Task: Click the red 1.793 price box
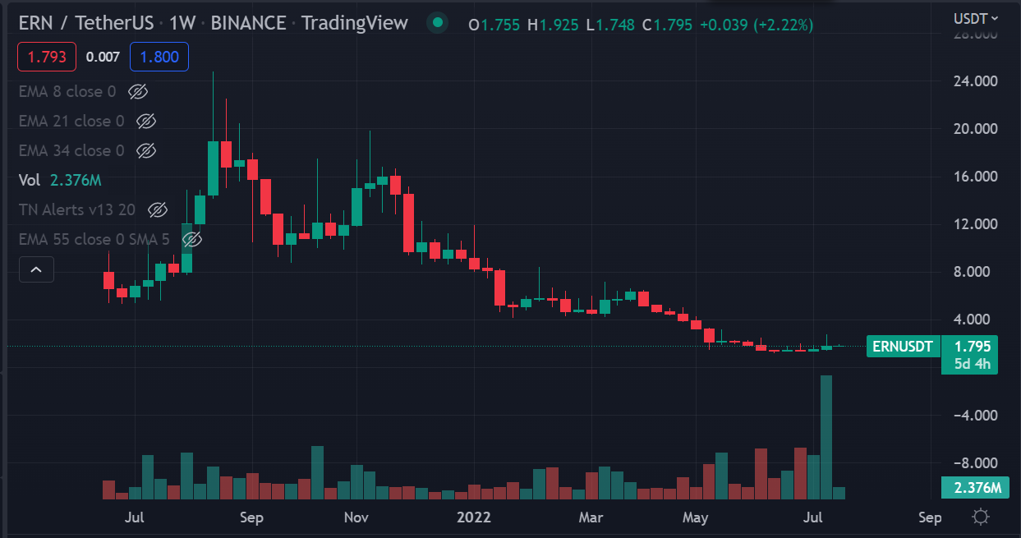tap(47, 57)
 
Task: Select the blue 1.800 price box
tap(159, 57)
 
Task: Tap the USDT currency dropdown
tap(975, 18)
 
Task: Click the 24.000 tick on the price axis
tap(972, 81)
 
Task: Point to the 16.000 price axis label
tap(972, 177)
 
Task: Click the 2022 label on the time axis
tap(474, 517)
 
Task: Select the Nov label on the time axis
tap(356, 517)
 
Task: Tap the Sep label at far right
tap(930, 517)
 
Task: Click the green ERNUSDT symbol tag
tap(903, 347)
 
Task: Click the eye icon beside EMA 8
tap(137, 91)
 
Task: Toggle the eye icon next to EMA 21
tap(146, 121)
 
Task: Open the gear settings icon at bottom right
tap(980, 517)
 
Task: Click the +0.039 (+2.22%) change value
tap(756, 25)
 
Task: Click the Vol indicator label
tap(30, 180)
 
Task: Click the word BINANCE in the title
tap(248, 23)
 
